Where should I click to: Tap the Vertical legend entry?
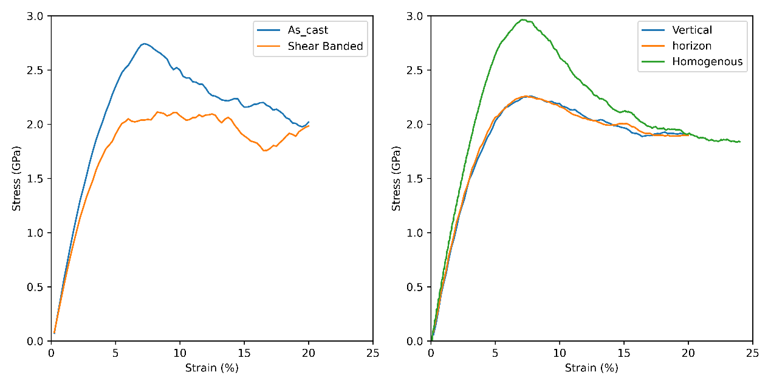691,30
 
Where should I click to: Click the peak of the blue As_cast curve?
144,44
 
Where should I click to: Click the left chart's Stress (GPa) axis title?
17,179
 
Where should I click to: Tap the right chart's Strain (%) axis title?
591,368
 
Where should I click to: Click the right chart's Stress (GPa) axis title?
396,179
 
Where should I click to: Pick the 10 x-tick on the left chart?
180,353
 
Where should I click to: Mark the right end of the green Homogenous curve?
740,142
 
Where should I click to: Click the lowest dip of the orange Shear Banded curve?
264,150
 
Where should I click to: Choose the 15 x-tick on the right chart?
624,353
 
